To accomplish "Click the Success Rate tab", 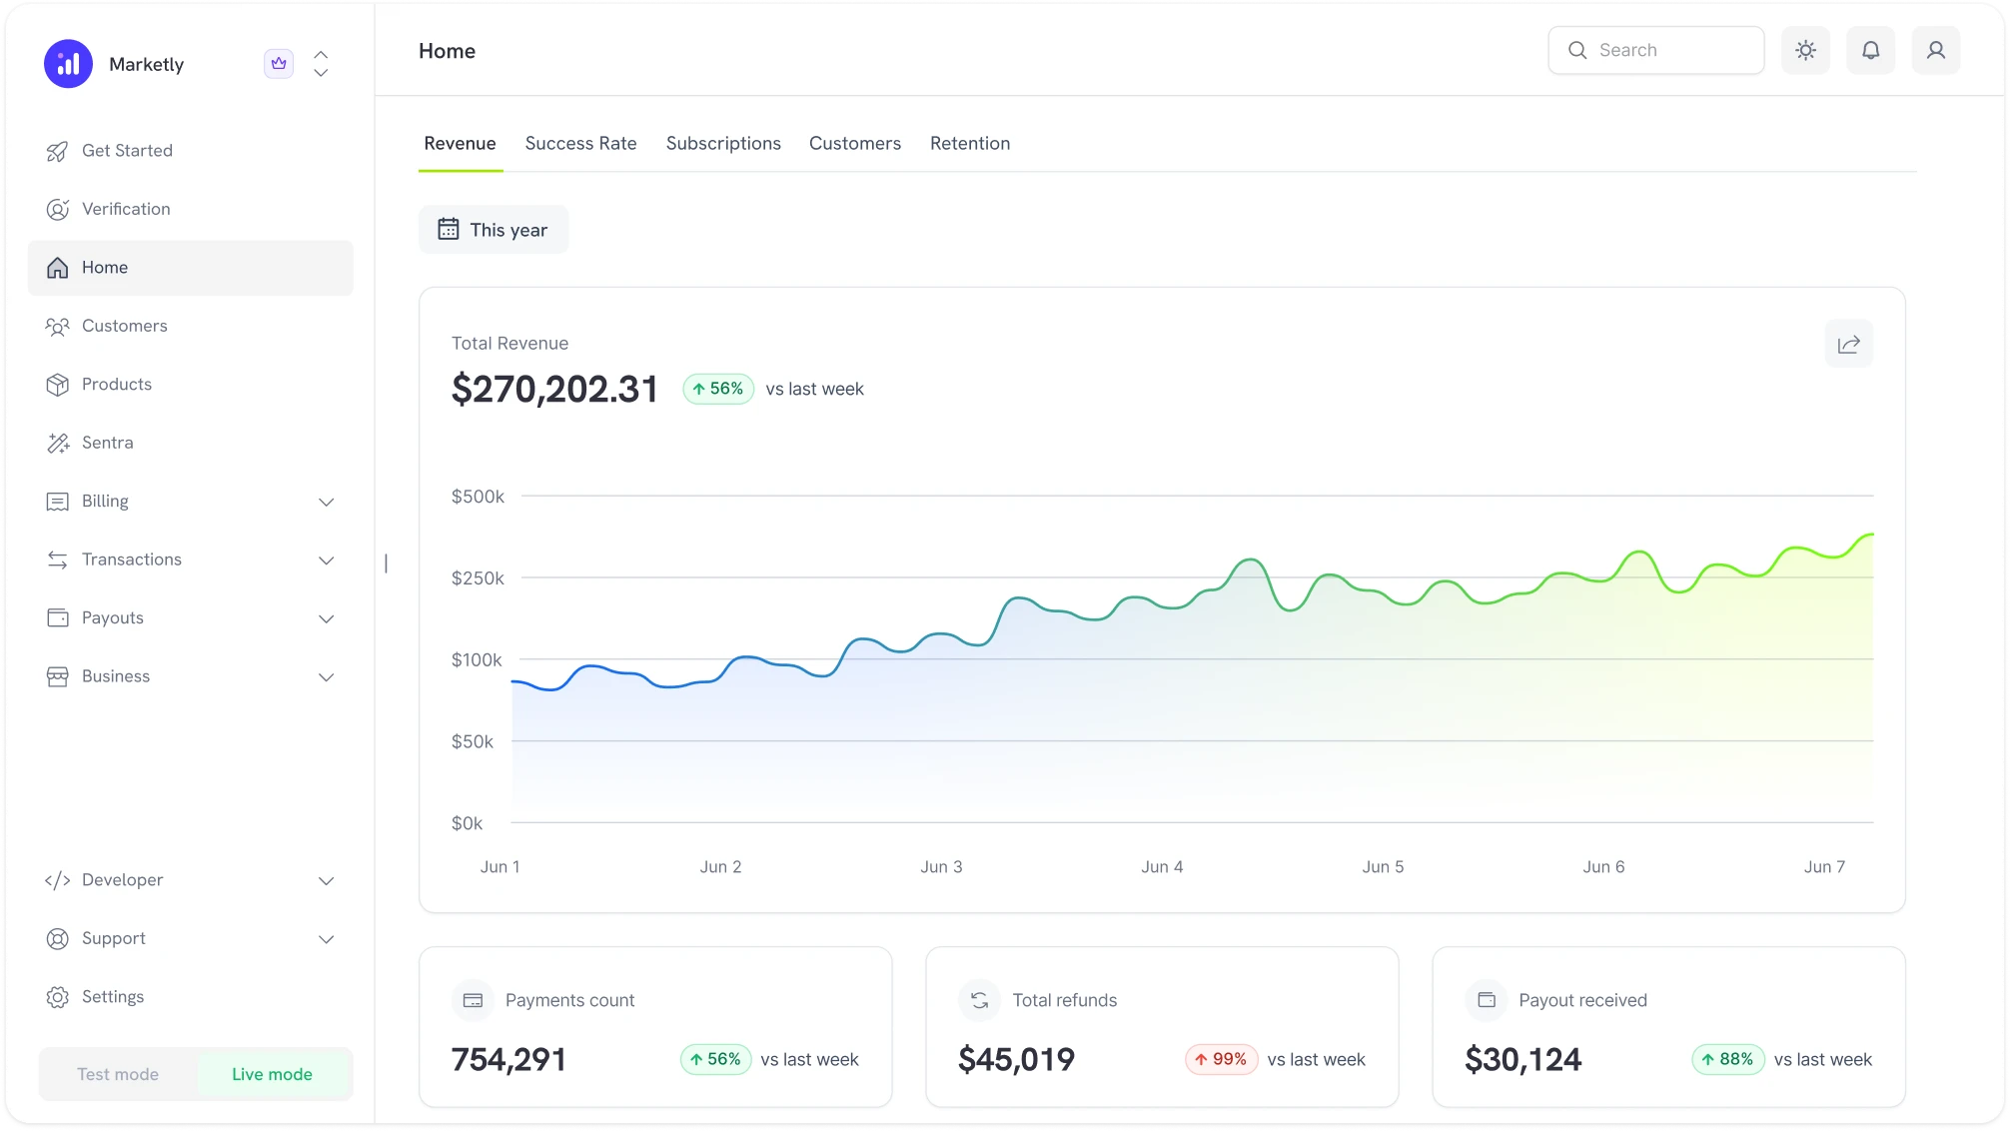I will pos(580,143).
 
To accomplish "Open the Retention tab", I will pos(969,143).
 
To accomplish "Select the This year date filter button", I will pos(494,230).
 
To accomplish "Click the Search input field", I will pos(1668,50).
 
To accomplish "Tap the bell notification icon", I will pos(1870,50).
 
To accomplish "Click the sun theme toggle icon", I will pos(1805,50).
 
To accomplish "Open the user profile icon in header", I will pos(1935,50).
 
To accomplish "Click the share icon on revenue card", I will pos(1848,344).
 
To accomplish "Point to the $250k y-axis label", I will pos(478,577).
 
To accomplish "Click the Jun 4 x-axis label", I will pos(1162,866).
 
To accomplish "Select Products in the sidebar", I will pos(116,384).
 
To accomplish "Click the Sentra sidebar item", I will pos(107,443).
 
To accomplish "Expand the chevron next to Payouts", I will pos(326,618).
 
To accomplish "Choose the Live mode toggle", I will pos(272,1074).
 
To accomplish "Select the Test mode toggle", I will pos(118,1074).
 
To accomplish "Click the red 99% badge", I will pos(1221,1059).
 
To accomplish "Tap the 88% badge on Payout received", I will pos(1727,1059).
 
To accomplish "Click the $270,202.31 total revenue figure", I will pos(554,389).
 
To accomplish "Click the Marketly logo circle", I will pos(68,64).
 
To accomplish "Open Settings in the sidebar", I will pos(112,996).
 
